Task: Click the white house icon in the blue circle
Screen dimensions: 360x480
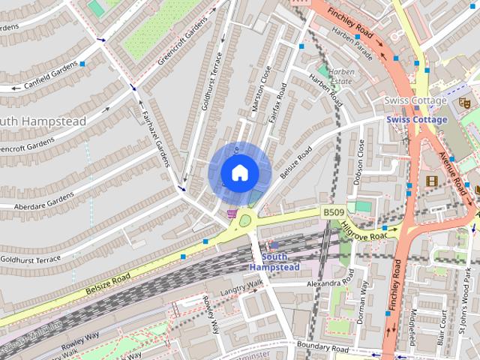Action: (x=239, y=172)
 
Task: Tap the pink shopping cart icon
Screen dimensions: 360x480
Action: (x=232, y=214)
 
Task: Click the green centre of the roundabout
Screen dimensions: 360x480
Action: (x=245, y=220)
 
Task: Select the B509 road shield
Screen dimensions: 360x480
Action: (x=334, y=213)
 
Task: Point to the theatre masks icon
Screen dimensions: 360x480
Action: (x=463, y=100)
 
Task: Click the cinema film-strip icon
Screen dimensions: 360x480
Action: (x=431, y=180)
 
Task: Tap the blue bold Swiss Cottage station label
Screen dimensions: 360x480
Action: (x=417, y=119)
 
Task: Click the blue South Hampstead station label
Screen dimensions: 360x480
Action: (x=274, y=262)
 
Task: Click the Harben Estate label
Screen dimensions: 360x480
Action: (x=342, y=76)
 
